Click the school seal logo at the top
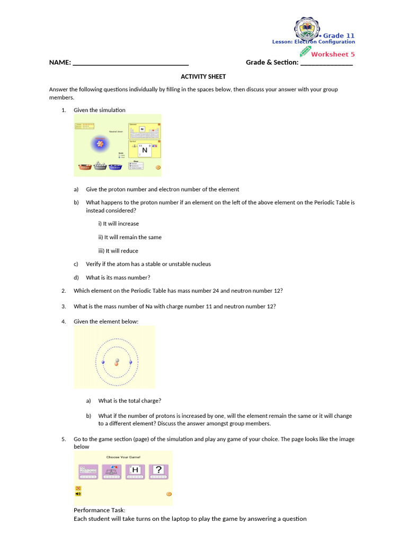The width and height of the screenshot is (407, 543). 307,29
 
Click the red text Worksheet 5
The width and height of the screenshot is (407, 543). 333,54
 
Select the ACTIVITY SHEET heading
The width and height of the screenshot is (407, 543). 203,76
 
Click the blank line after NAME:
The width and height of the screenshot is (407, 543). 130,63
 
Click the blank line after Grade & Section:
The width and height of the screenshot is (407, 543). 326,63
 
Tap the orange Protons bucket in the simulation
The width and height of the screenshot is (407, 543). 84,167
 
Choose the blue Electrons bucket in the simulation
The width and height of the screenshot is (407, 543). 115,167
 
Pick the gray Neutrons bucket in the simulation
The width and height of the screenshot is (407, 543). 100,167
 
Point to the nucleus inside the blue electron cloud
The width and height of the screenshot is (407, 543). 99,142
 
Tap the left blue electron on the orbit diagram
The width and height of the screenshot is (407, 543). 103,362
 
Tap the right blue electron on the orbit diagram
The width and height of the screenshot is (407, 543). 130,362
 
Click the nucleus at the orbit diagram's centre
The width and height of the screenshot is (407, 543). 117,363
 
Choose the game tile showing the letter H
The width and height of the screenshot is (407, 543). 135,471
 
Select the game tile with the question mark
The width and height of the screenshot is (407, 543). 158,471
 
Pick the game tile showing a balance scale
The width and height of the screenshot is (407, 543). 111,471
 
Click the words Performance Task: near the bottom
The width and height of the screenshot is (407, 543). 100,510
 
